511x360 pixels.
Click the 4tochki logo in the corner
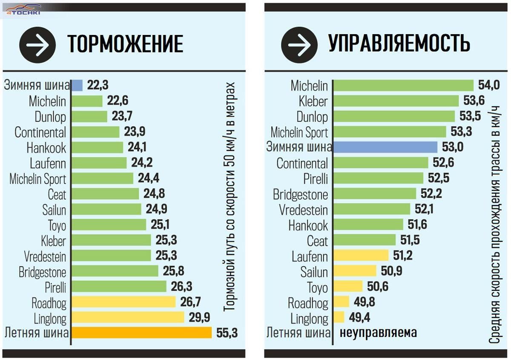pyautogui.click(x=23, y=10)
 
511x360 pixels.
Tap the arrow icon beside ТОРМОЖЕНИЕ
pyautogui.click(x=37, y=45)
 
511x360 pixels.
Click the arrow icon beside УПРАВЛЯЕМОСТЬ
pyautogui.click(x=299, y=45)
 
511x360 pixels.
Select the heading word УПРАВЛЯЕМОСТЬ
pyautogui.click(x=399, y=43)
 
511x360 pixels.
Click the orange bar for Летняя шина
pyautogui.click(x=141, y=332)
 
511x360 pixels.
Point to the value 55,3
pyautogui.click(x=227, y=333)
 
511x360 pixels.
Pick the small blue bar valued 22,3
pyautogui.click(x=77, y=85)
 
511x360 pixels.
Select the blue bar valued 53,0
pyautogui.click(x=385, y=147)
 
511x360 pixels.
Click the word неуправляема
pyautogui.click(x=378, y=333)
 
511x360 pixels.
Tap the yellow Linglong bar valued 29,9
pyautogui.click(x=128, y=317)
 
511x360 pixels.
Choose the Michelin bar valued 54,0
pyautogui.click(x=403, y=85)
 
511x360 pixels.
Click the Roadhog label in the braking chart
pyautogui.click(x=49, y=302)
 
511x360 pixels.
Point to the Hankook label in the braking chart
pyautogui.click(x=46, y=148)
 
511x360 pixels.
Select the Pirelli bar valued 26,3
pyautogui.click(x=119, y=286)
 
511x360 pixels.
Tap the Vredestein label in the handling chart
pyautogui.click(x=304, y=210)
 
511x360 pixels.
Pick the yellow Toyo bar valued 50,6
pyautogui.click(x=348, y=286)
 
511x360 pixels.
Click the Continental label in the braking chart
pyautogui.click(x=40, y=132)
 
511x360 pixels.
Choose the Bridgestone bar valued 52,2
pyautogui.click(x=375, y=193)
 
